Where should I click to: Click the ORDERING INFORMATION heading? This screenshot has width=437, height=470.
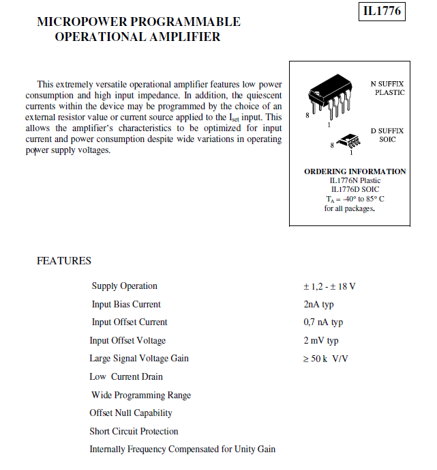355,171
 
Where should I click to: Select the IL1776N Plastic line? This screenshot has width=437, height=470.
355,180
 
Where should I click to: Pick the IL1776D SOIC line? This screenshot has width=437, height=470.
355,189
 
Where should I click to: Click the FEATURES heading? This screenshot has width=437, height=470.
64,261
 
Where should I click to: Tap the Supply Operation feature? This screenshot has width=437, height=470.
125,286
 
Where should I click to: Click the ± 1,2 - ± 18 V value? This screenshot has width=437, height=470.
329,286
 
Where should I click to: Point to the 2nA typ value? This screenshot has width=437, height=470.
318,305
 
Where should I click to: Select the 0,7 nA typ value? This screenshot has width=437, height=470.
323,322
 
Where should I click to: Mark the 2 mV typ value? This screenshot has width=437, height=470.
320,341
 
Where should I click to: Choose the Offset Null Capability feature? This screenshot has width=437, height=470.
131,413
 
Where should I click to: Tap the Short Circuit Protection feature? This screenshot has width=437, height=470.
134,432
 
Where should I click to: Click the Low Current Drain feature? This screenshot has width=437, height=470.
126,377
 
